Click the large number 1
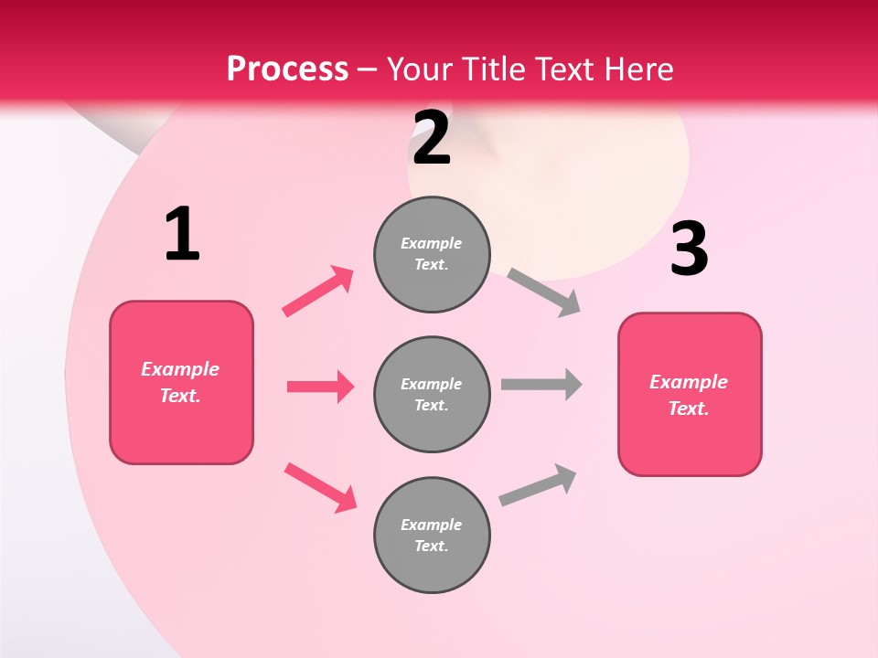(x=182, y=235)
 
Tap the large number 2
(x=432, y=138)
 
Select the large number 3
(x=689, y=249)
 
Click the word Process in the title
(x=287, y=69)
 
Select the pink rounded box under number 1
(x=181, y=382)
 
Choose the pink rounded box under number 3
(x=690, y=395)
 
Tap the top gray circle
(x=432, y=254)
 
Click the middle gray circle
(x=432, y=395)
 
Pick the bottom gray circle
(x=432, y=536)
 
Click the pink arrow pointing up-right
(x=318, y=292)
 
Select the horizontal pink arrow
(x=320, y=387)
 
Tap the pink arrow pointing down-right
(x=320, y=487)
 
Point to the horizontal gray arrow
(x=541, y=384)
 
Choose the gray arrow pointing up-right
(x=538, y=485)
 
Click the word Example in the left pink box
(x=180, y=369)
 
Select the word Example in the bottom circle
(x=432, y=525)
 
